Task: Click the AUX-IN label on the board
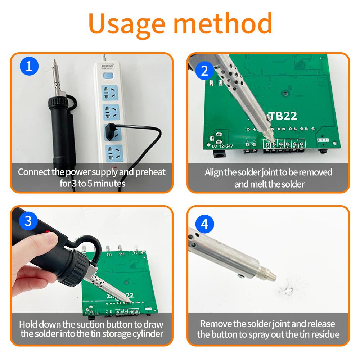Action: (x=323, y=140)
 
